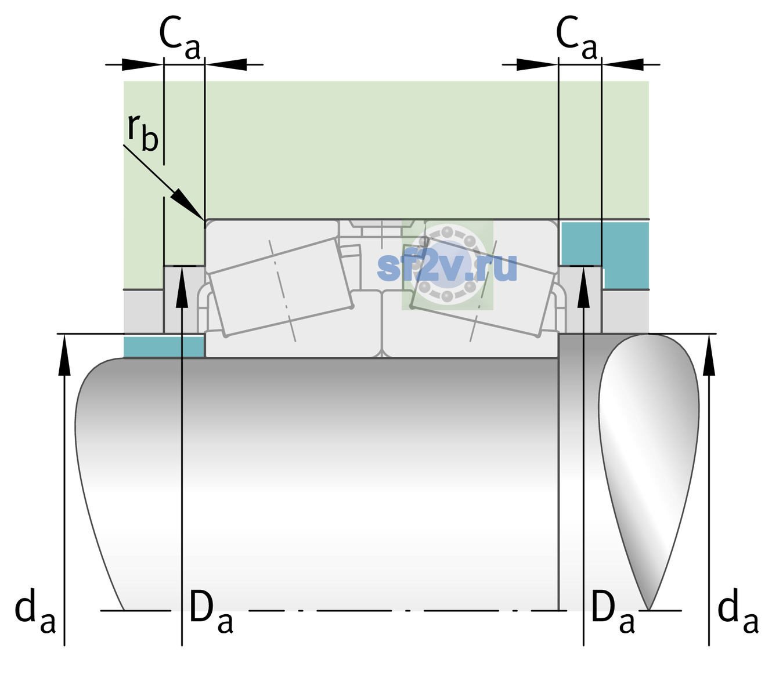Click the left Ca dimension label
coord(180,38)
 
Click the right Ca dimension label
coord(576,38)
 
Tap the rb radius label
coord(143,131)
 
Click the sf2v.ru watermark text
coord(447,266)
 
